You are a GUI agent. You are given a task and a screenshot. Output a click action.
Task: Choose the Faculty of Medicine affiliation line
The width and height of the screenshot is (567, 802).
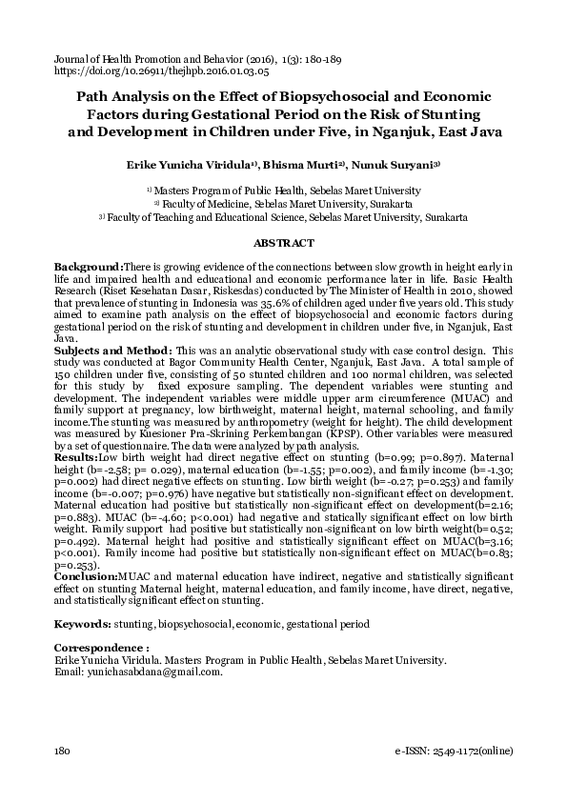click(283, 204)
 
